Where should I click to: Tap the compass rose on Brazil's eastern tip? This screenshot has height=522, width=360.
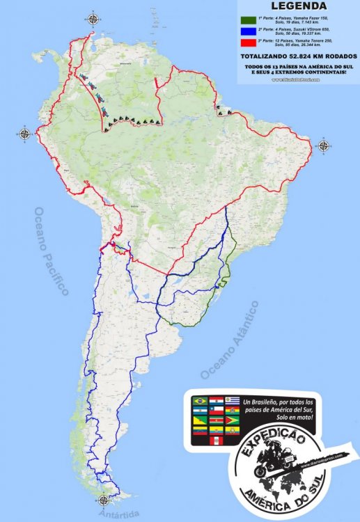coord(324,145)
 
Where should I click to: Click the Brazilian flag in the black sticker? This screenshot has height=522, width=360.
coord(200,402)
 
